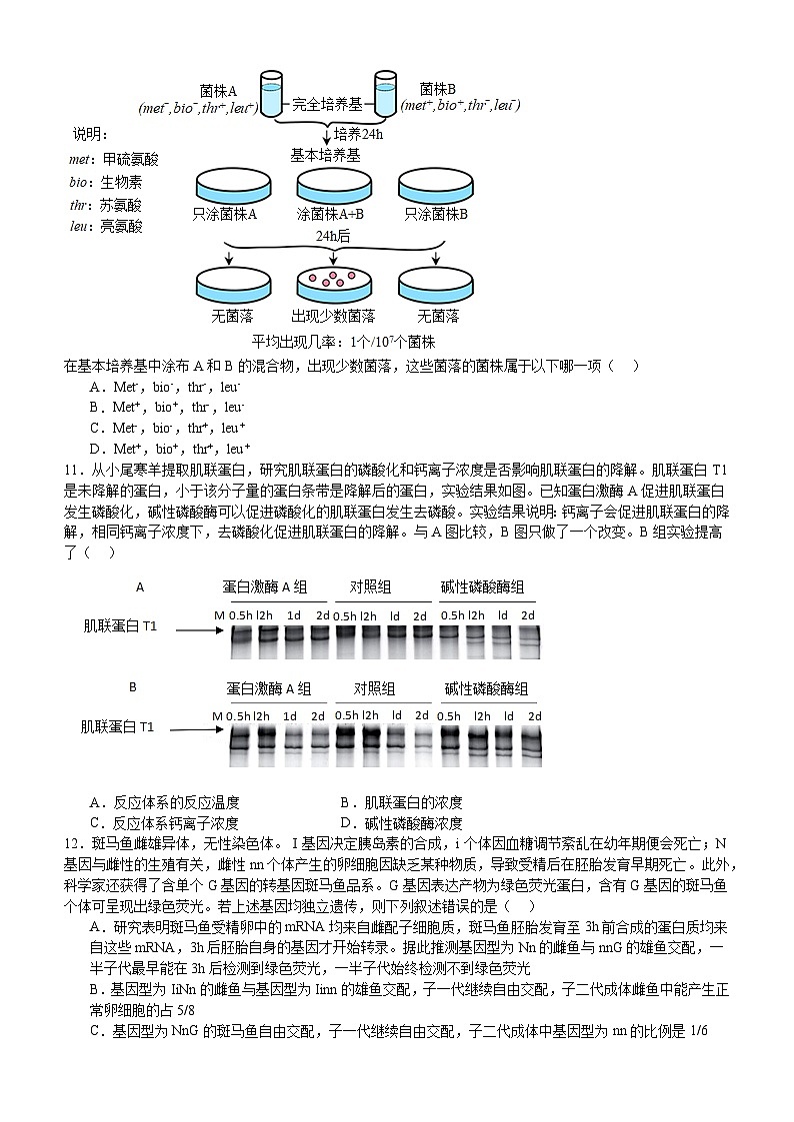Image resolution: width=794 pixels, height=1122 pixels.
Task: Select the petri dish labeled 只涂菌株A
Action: (225, 187)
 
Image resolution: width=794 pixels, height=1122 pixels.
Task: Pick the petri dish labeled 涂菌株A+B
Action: (329, 187)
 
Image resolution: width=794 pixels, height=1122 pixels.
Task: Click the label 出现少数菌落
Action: (333, 317)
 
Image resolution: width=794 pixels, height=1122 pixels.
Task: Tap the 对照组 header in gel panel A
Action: (370, 586)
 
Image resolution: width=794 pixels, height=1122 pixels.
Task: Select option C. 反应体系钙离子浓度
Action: (164, 823)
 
